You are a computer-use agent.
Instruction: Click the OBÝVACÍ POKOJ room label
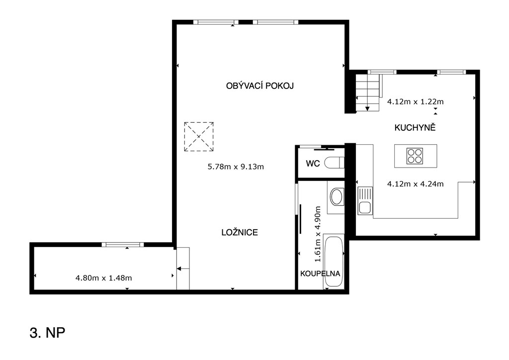coord(259,86)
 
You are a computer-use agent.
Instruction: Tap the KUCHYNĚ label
coord(415,128)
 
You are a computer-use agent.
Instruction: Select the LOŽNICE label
coord(240,232)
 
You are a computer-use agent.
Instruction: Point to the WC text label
coord(313,164)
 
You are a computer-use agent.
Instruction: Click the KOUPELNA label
coord(320,273)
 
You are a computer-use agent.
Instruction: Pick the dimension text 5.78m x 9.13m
coord(236,167)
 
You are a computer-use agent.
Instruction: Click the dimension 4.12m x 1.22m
coord(415,101)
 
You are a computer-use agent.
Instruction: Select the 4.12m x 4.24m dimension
coord(415,184)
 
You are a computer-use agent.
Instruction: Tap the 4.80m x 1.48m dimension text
coord(103,278)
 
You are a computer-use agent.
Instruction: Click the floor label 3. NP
coord(47,333)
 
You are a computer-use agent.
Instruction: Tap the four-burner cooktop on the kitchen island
coord(415,156)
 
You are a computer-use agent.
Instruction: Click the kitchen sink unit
coord(365,200)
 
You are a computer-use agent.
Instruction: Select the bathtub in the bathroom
coord(334,262)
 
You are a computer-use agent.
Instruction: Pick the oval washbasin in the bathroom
coord(337,197)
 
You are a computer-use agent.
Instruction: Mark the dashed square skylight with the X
coord(199,137)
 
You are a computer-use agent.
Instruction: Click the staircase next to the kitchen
coord(367,93)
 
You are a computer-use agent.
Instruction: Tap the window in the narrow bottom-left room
coord(122,245)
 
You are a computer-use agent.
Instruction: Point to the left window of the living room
coord(216,22)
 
